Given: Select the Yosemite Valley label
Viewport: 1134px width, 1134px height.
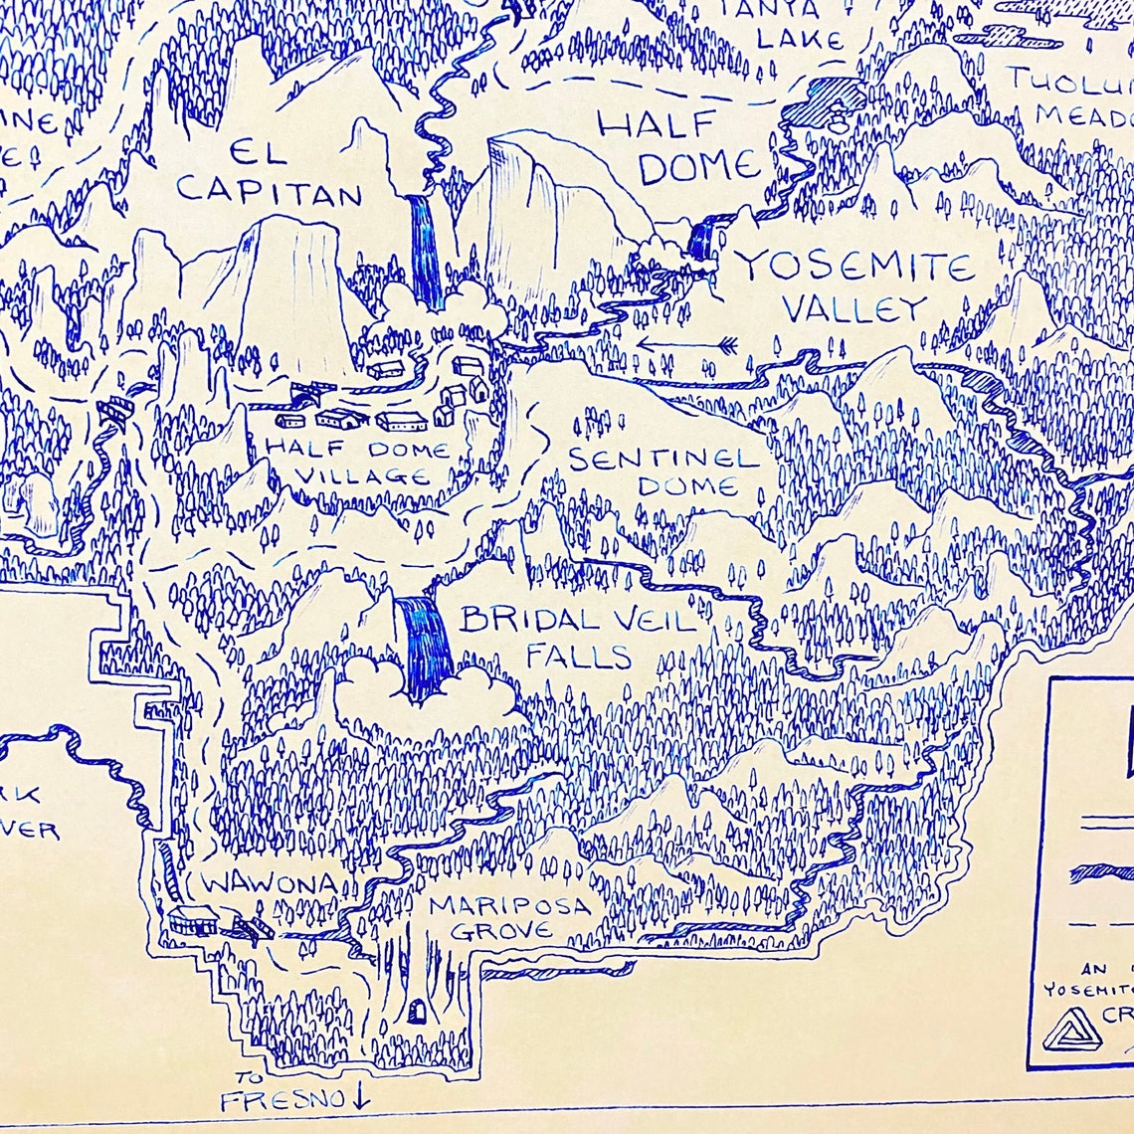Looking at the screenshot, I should click(853, 286).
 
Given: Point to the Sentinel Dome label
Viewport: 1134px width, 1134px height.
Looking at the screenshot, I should click(662, 472).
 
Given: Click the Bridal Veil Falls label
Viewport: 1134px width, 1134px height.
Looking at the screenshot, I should click(577, 638).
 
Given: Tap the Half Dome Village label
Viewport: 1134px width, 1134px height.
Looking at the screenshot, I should click(356, 463).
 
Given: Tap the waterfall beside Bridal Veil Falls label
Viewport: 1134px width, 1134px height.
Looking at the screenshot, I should click(425, 642).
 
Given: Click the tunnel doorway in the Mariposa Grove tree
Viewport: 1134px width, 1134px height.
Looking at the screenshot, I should click(418, 1013).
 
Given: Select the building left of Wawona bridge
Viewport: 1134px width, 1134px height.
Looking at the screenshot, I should click(194, 919).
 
